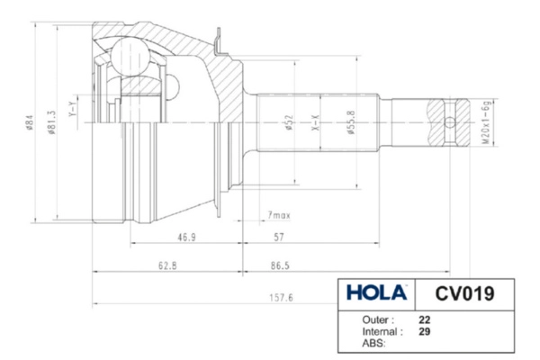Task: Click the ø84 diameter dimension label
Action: pyautogui.click(x=30, y=122)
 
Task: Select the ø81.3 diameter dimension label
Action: pyautogui.click(x=52, y=122)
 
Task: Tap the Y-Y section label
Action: pyautogui.click(x=72, y=109)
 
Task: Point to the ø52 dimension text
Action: pyautogui.click(x=289, y=122)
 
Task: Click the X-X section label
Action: pyautogui.click(x=316, y=122)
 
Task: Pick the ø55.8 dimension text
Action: pyautogui.click(x=351, y=122)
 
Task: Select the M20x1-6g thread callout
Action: pyautogui.click(x=485, y=122)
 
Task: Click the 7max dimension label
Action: pyautogui.click(x=279, y=216)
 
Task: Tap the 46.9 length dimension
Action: pyautogui.click(x=186, y=238)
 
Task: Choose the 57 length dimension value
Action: pyautogui.click(x=279, y=238)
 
